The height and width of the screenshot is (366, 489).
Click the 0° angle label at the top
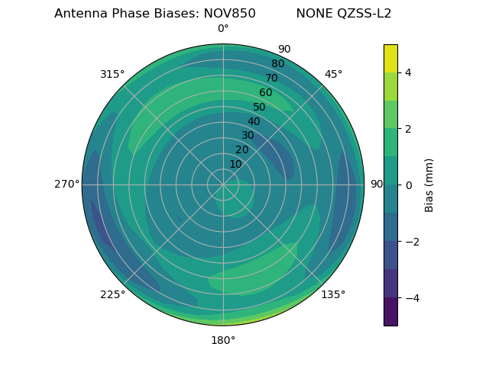point(223,29)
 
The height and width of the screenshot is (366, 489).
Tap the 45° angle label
point(333,74)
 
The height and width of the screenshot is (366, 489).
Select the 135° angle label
point(333,294)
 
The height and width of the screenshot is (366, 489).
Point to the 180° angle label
point(223,340)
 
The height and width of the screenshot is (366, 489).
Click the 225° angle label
point(112,294)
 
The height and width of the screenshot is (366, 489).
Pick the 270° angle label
point(66,184)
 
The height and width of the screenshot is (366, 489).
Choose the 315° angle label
point(112,74)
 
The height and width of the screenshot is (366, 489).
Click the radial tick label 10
point(235,164)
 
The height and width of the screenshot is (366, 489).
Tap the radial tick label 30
point(248,136)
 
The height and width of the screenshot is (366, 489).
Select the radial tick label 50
point(259,108)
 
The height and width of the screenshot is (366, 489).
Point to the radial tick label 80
point(277,64)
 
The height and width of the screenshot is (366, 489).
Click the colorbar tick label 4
point(408,72)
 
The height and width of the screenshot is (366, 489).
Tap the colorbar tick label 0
point(408,185)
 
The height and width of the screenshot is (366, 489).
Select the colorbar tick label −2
point(410,241)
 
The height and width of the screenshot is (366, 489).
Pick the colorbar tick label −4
point(410,297)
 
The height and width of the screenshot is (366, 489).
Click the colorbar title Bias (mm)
point(429,185)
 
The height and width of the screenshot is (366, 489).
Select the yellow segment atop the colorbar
point(390,58)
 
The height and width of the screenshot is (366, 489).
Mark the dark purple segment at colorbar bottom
point(390,312)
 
